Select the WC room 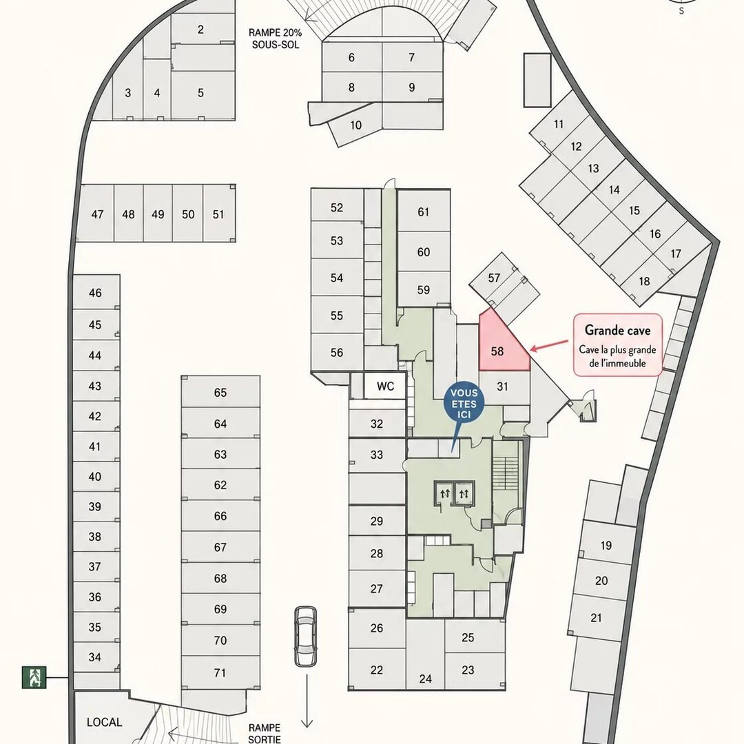(385, 386)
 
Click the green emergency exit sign (34, 677)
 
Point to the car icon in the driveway (306, 636)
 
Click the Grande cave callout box (617, 345)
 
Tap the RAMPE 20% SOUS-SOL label (275, 39)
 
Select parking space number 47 (97, 214)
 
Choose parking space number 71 (220, 673)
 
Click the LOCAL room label (105, 722)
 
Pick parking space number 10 (356, 126)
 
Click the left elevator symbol (444, 494)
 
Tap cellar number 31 (504, 387)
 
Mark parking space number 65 (220, 392)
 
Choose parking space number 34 (96, 657)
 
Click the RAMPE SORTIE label (265, 733)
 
